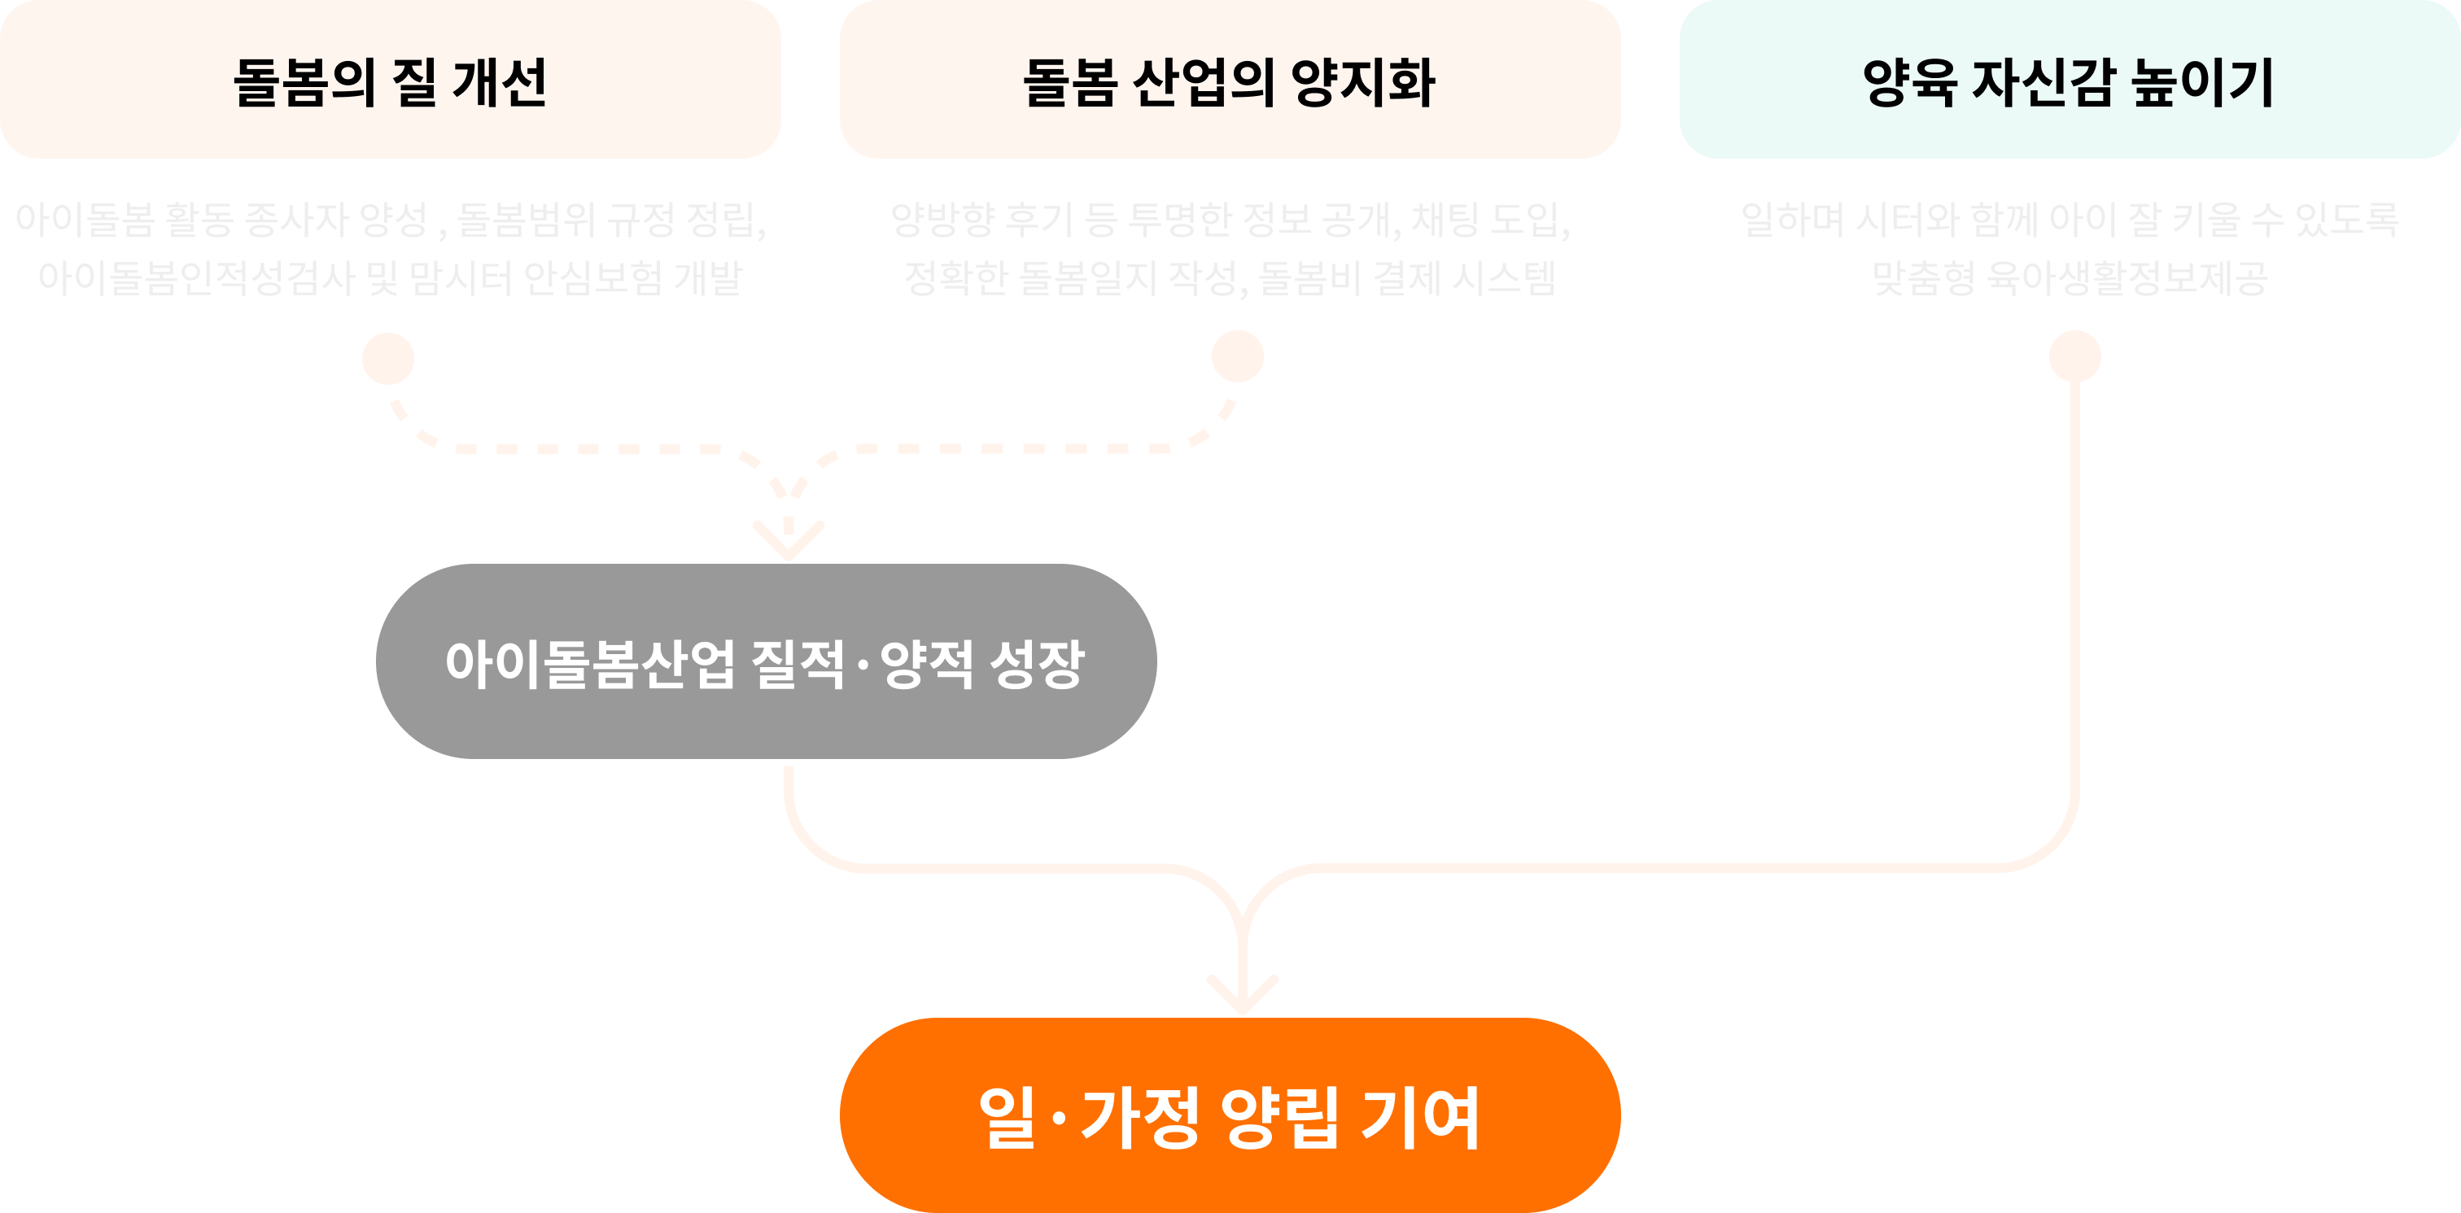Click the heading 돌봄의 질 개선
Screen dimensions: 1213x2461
[390, 81]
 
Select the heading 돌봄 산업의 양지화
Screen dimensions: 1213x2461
[1230, 81]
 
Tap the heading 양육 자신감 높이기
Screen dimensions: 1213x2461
[2069, 81]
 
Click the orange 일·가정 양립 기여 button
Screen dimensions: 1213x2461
[1230, 1115]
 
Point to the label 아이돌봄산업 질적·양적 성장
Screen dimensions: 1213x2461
[764, 663]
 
